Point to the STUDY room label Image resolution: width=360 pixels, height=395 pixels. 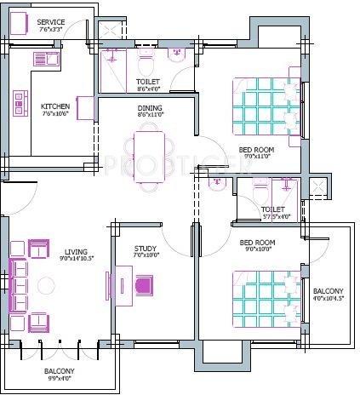145,249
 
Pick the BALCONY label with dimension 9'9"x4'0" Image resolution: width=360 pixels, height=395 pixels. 60,372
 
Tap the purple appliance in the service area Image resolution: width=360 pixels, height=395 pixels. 22,23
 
